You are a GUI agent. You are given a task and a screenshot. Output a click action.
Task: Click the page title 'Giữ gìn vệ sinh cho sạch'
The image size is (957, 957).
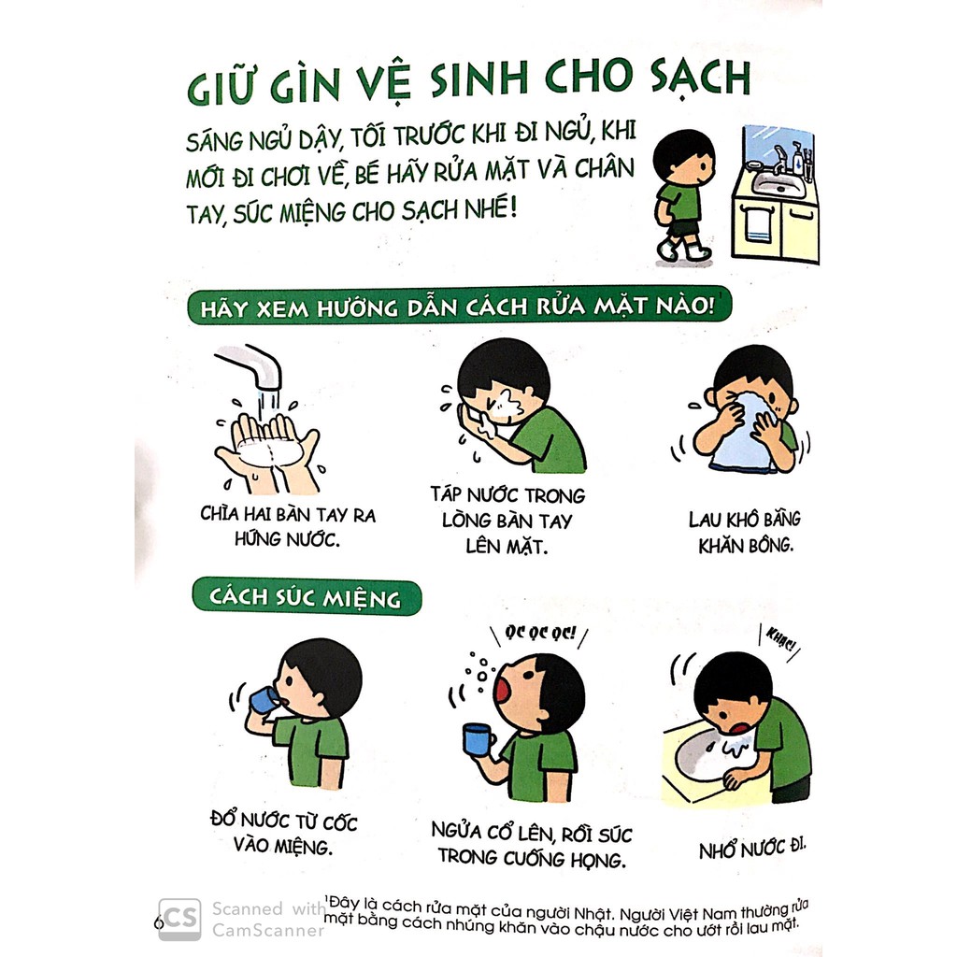[467, 80]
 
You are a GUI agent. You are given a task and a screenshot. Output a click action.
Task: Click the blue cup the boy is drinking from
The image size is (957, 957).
[263, 700]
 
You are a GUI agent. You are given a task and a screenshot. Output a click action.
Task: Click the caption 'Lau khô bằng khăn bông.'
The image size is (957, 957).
[745, 532]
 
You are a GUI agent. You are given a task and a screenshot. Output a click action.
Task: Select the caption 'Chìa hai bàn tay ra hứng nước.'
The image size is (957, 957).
[287, 526]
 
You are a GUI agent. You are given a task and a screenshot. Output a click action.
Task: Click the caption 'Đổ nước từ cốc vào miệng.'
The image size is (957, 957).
[284, 834]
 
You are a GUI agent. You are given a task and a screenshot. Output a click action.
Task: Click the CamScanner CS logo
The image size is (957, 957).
[179, 918]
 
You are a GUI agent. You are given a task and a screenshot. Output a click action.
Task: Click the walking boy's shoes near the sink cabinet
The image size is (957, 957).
[683, 250]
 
